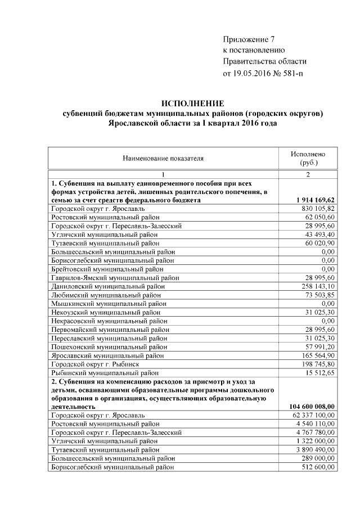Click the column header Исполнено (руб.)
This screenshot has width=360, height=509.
(x=308, y=159)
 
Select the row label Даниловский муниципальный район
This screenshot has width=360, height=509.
(x=108, y=286)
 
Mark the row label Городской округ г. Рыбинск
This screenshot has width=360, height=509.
(x=95, y=364)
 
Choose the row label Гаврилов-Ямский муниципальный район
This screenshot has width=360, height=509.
(x=115, y=278)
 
